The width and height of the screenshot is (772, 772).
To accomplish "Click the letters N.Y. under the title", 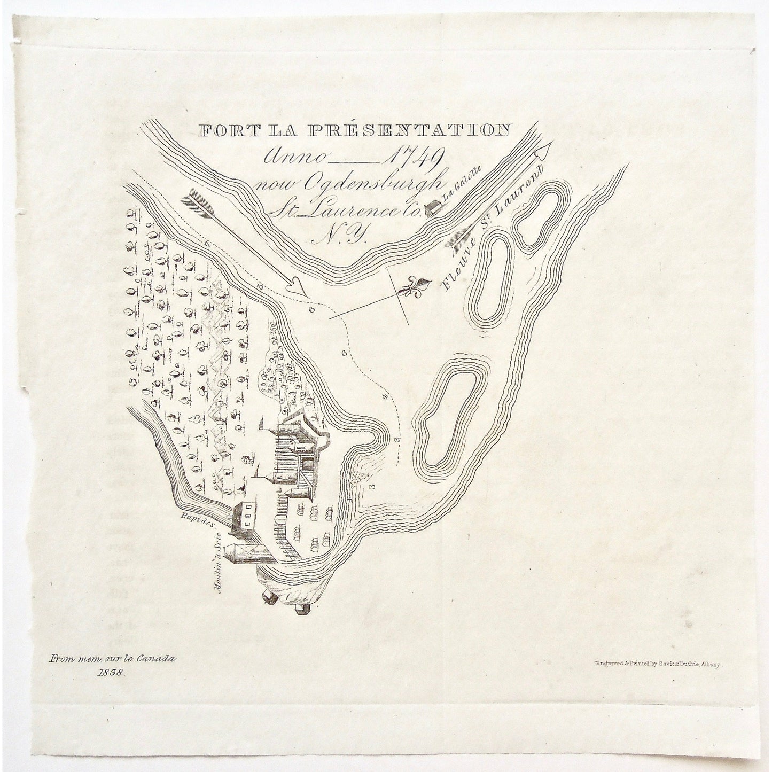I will point(341,235).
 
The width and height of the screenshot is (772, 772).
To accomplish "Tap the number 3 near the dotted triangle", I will point(371,486).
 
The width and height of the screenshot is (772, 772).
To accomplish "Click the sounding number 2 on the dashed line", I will point(396,439).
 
